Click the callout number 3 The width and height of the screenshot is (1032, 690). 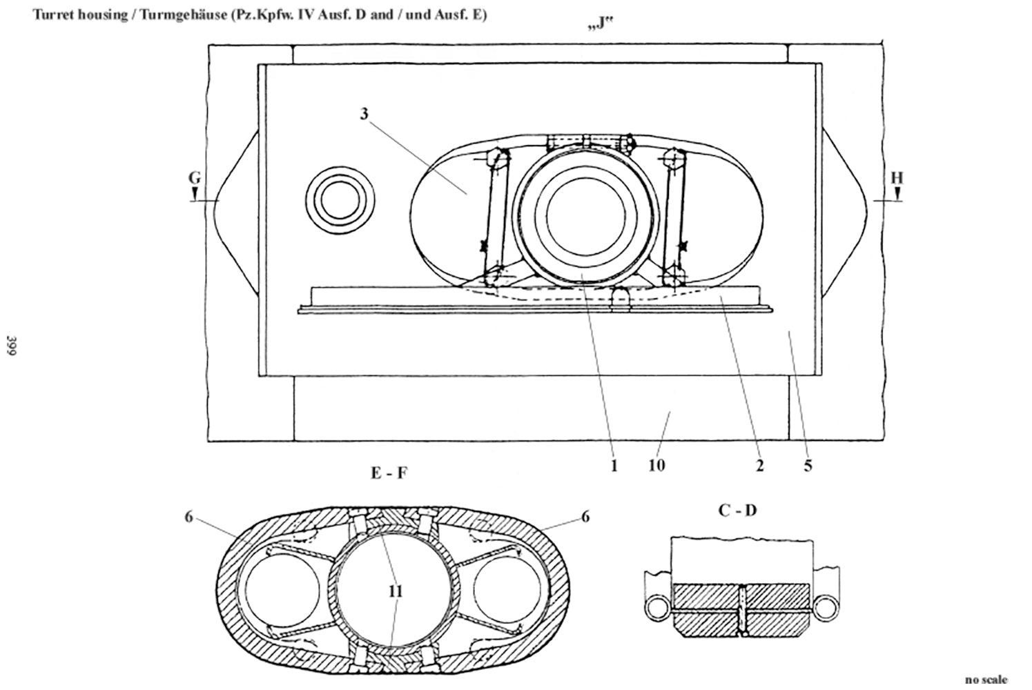click(364, 114)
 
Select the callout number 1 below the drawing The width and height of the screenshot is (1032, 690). click(614, 466)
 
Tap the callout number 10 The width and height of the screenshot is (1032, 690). click(656, 466)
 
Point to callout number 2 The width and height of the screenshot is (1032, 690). click(759, 466)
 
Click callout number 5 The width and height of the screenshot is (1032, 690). click(808, 466)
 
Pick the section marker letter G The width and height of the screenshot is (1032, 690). click(195, 178)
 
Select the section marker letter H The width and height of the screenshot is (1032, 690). click(896, 178)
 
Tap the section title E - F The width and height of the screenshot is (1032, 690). click(389, 473)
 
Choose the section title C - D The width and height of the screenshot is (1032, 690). click(737, 511)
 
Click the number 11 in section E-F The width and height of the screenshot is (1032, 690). click(395, 591)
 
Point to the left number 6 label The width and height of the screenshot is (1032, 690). click(188, 517)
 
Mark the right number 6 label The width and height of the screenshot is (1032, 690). click(585, 517)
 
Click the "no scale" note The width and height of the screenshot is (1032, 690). click(986, 680)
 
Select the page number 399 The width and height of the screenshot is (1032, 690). click(11, 346)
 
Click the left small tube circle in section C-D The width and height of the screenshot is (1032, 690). click(655, 608)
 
